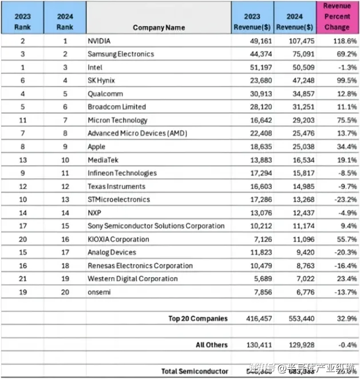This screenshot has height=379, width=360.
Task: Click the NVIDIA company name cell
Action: [99, 41]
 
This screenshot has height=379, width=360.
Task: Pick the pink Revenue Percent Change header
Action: [337, 17]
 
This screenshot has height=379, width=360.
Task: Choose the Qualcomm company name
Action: [105, 94]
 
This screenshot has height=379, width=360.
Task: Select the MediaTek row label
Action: [104, 159]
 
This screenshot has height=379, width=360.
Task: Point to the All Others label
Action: [211, 345]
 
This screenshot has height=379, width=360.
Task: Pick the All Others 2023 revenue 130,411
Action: [254, 345]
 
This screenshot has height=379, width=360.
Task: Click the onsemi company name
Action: [99, 292]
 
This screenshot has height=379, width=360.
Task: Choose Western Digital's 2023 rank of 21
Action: [22, 279]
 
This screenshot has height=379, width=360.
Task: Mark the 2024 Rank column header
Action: [65, 21]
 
